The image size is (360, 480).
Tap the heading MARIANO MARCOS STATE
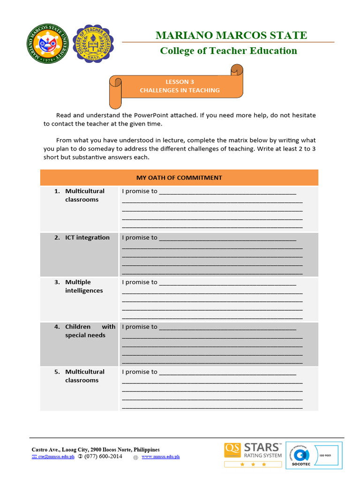click(x=231, y=35)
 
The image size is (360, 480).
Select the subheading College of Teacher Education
click(x=228, y=51)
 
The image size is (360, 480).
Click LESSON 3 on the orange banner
click(x=180, y=82)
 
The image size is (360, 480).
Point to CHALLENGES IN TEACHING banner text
click(x=180, y=90)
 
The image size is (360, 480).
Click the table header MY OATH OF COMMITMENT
click(x=179, y=178)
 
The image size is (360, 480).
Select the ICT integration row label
click(x=87, y=238)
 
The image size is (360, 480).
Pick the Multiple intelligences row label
click(x=84, y=286)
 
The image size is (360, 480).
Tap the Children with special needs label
click(x=90, y=331)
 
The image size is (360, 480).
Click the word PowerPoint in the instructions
click(x=153, y=115)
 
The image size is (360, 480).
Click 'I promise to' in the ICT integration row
click(x=140, y=238)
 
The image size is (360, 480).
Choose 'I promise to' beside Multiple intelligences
click(x=140, y=282)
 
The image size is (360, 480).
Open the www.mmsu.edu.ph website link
click(x=160, y=457)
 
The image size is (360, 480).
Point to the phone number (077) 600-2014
click(x=103, y=457)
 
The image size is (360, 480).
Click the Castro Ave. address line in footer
click(x=95, y=450)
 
